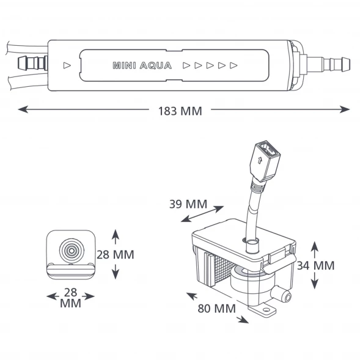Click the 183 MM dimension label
tap(180, 111)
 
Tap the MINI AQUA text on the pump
tap(142, 65)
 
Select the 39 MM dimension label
tap(188, 204)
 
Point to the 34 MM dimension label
tap(316, 266)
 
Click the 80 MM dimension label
tap(217, 308)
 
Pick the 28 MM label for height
tap(116, 255)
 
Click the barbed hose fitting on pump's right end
tap(328, 65)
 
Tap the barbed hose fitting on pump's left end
tap(33, 63)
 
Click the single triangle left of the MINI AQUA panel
tap(67, 65)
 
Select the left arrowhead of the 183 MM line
tap(23, 109)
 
